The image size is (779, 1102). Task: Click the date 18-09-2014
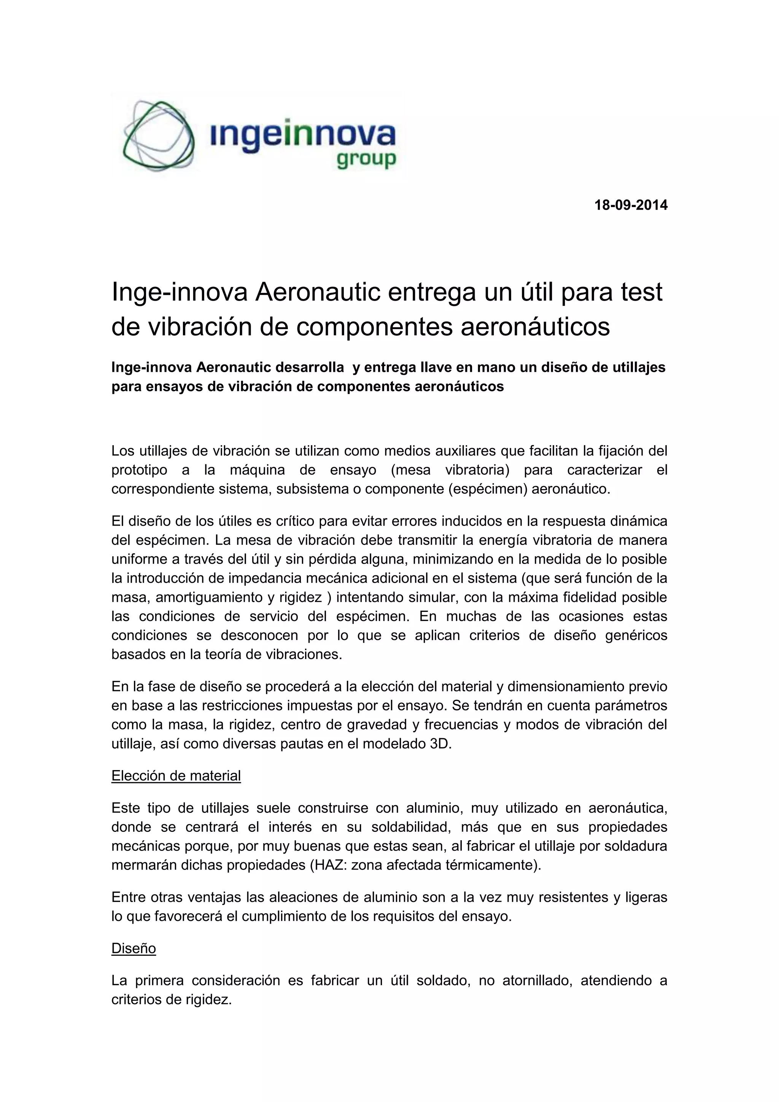pos(631,205)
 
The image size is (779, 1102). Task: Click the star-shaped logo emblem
pos(158,135)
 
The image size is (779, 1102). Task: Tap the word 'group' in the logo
pos(366,159)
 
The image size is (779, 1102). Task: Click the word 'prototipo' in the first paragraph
pos(140,470)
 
